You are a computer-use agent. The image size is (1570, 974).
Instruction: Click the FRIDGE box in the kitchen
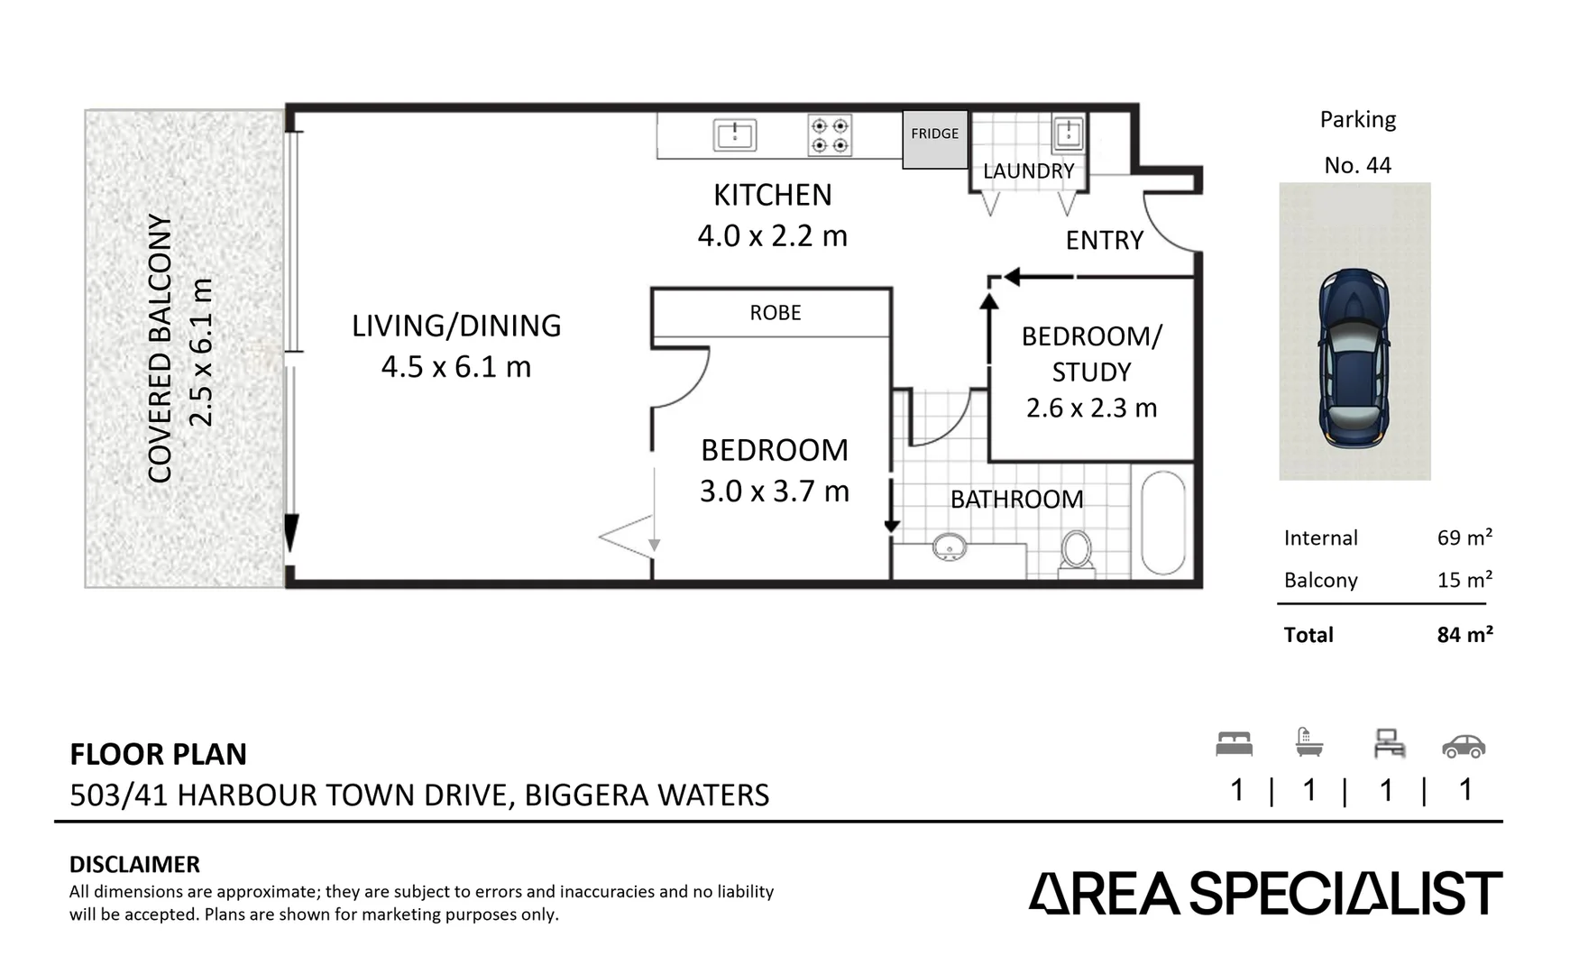click(x=934, y=139)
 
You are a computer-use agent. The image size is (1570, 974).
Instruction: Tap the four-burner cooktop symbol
click(x=829, y=135)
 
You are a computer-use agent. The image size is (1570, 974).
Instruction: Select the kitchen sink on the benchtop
click(x=734, y=135)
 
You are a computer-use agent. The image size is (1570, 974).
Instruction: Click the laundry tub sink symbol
click(x=1068, y=133)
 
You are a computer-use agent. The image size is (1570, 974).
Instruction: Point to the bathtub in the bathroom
click(x=1162, y=523)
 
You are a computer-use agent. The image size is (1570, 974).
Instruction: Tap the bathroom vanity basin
click(x=949, y=547)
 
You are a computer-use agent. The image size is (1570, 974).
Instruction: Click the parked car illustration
click(x=1354, y=358)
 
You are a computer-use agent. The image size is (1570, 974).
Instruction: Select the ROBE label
click(x=775, y=313)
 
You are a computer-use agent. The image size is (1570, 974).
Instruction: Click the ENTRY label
click(x=1104, y=241)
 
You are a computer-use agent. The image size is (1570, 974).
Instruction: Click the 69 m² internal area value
click(x=1464, y=538)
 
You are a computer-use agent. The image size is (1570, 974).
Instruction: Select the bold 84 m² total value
click(x=1464, y=635)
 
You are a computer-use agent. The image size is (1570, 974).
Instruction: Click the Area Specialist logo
click(x=1264, y=893)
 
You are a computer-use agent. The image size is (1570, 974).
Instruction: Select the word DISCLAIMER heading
click(x=134, y=864)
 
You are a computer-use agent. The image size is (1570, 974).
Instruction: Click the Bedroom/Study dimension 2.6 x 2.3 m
click(x=1091, y=409)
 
